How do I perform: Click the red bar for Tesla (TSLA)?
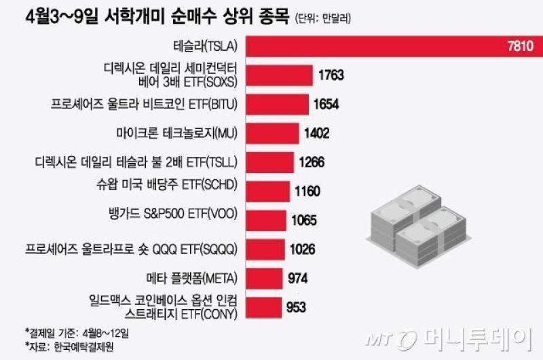coord(394,46)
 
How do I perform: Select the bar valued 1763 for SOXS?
coord(280,75)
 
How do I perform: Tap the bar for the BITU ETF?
coord(278,105)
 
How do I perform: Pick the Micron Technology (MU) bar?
coord(273,133)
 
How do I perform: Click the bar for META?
coord(264,278)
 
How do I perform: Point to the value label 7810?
coord(521,46)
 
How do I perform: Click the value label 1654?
coord(326,105)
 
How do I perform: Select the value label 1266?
coord(312,162)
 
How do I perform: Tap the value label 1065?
coord(304,220)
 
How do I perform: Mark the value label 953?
coord(296,307)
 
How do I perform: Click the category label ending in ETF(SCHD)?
coord(167,185)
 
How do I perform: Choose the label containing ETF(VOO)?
coord(173,214)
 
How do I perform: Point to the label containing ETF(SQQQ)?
coord(131,249)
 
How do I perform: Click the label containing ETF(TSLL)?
coord(136,162)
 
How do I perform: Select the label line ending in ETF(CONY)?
coord(181,314)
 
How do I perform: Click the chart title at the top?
coord(157,17)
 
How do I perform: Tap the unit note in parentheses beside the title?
coord(323,18)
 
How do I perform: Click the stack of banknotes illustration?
coord(419,227)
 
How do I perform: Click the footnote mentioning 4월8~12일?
coord(77,333)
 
